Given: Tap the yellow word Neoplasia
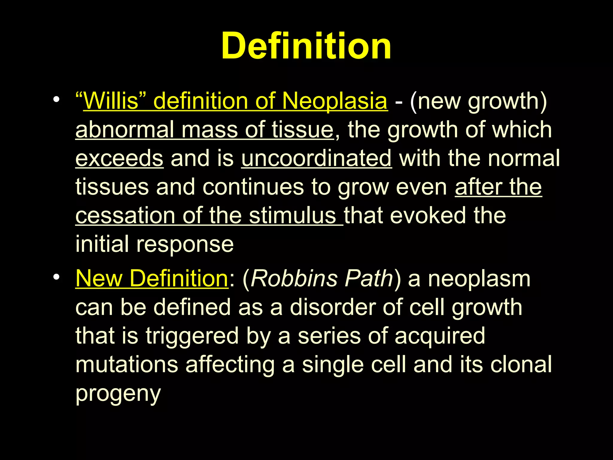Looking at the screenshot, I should coord(335,101).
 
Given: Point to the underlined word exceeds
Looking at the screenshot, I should coord(119,158).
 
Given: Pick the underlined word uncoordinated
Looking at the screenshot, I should coord(316,158).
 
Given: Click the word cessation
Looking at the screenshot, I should coord(125,216).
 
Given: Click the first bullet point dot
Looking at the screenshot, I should coord(56,100).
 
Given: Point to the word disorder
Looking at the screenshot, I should coord(332,308).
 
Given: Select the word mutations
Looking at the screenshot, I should coord(127,364).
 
